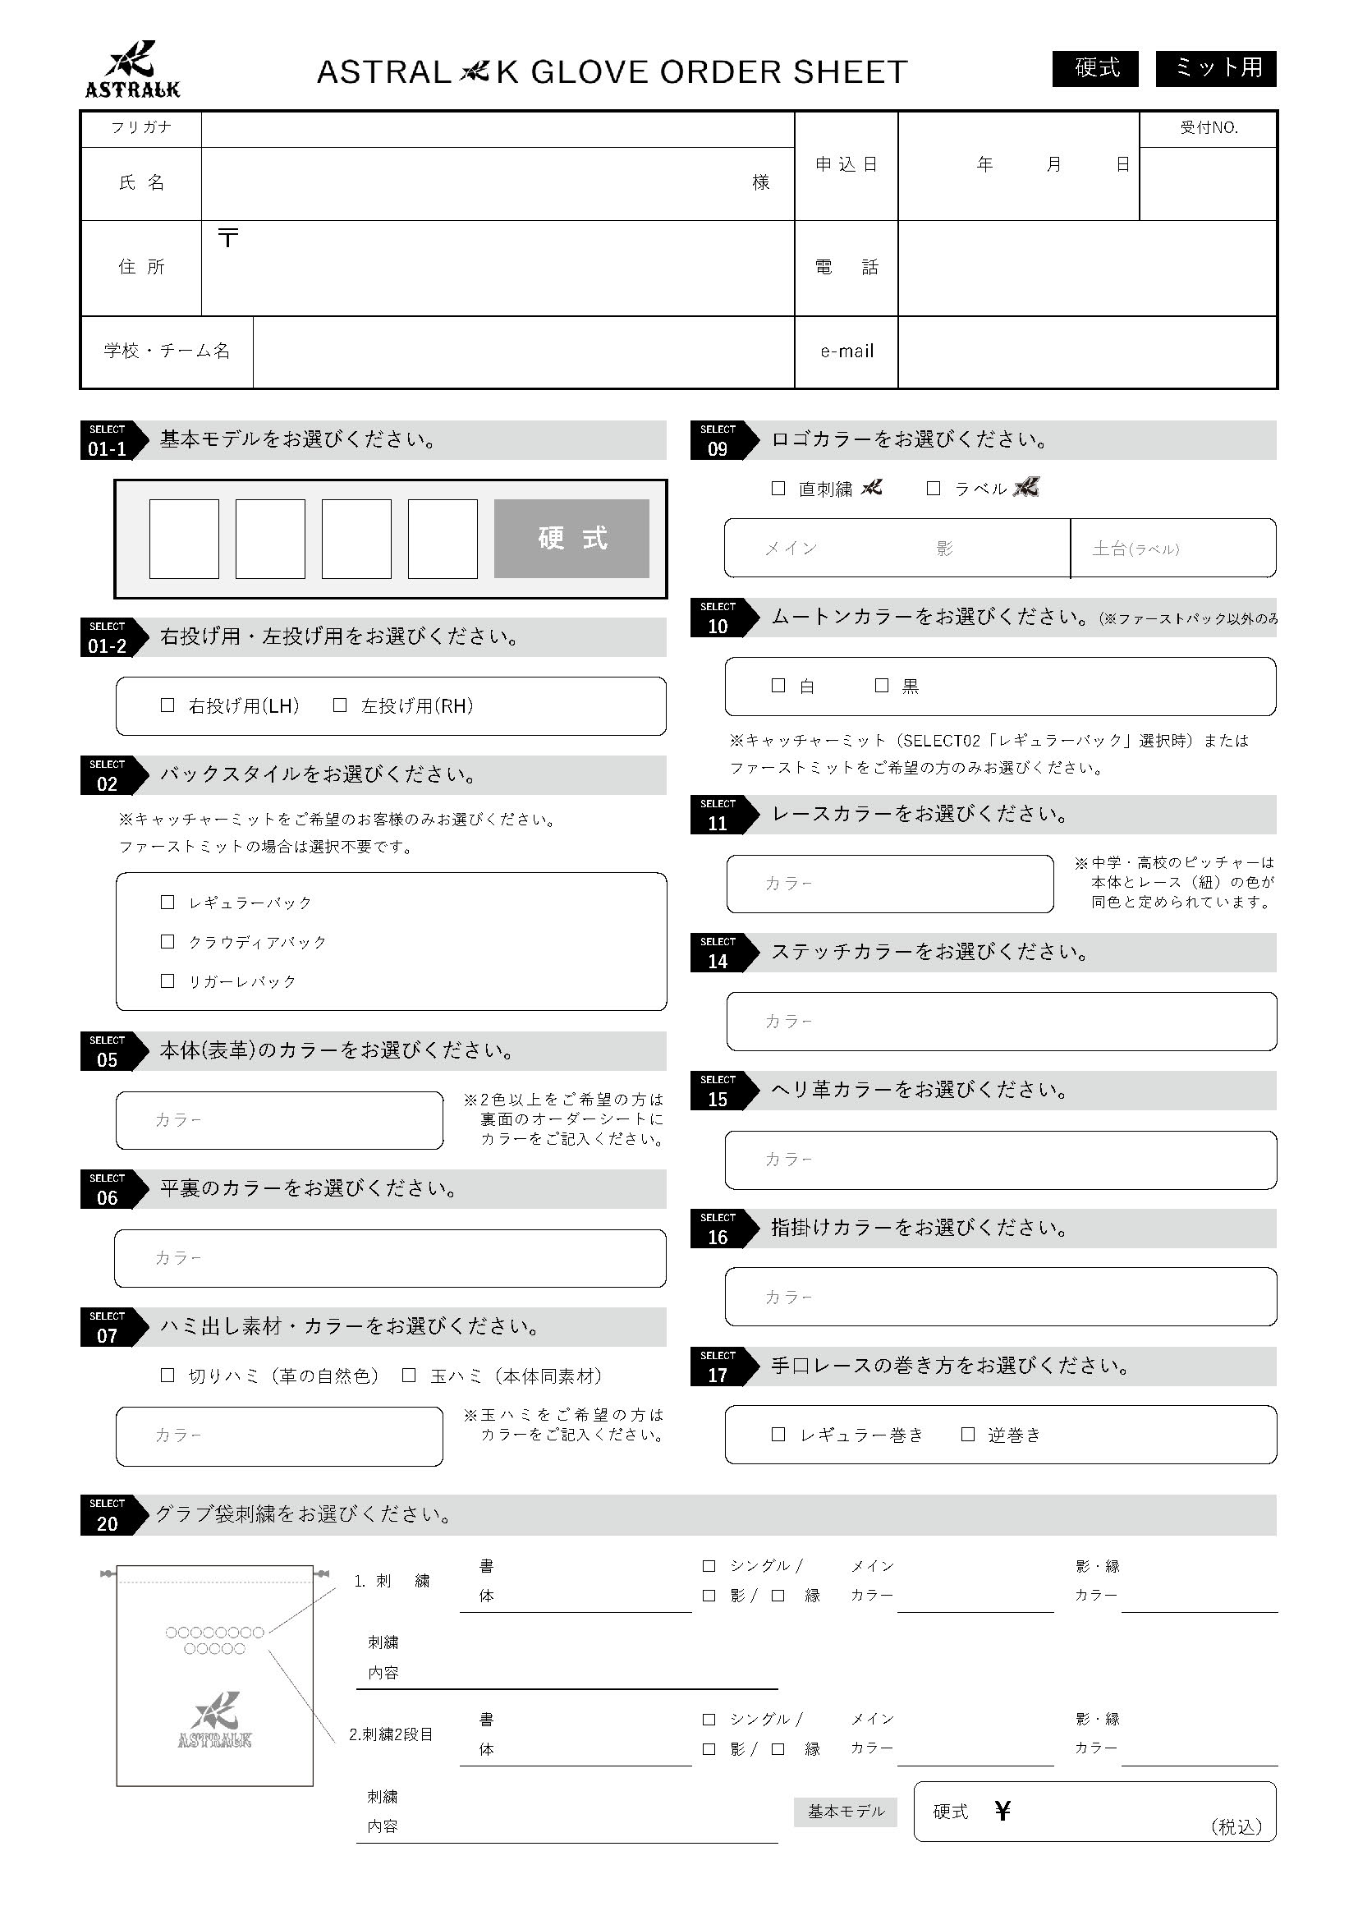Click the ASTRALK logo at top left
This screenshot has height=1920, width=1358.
point(133,70)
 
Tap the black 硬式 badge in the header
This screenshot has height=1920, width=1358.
point(1095,67)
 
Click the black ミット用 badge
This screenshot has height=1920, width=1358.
point(1216,67)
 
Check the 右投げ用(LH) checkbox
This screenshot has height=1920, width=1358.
point(167,705)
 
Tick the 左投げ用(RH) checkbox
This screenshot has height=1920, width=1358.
point(340,705)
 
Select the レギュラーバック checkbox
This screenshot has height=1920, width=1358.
point(167,902)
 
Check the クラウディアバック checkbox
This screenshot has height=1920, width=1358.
point(167,941)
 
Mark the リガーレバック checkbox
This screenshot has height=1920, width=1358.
point(167,980)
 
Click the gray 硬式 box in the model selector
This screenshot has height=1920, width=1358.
point(571,538)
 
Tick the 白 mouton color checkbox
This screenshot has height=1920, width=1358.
point(778,685)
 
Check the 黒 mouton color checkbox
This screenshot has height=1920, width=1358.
point(881,685)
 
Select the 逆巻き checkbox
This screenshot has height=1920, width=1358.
point(967,1434)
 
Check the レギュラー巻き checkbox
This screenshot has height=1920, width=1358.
point(778,1434)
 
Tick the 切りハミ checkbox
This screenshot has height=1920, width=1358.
point(167,1375)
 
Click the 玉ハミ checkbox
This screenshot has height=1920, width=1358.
point(409,1375)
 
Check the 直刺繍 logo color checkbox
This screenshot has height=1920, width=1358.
point(778,488)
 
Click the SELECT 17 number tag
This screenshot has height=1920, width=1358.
point(718,1367)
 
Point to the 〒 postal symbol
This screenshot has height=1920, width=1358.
point(227,237)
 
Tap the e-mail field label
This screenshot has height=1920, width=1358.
point(846,351)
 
